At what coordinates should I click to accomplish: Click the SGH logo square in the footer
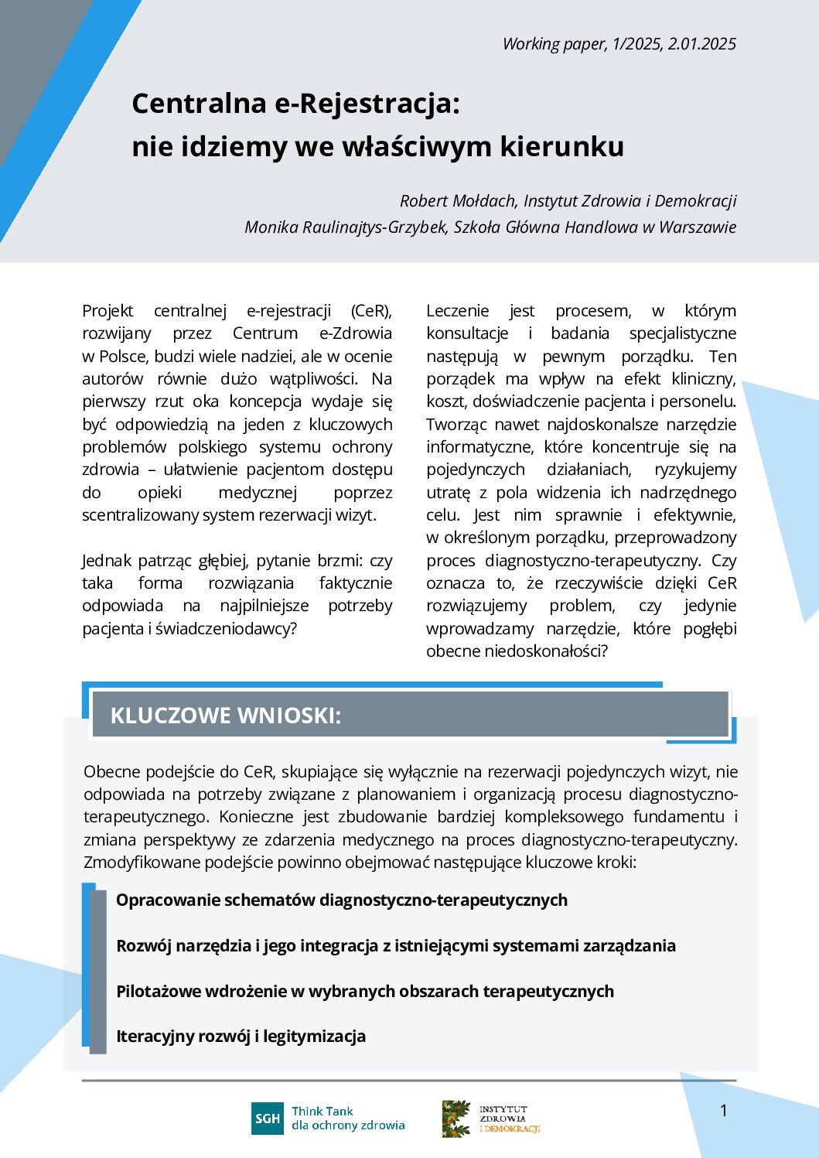pyautogui.click(x=268, y=1119)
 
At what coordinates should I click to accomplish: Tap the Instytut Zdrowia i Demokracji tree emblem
pyautogui.click(x=456, y=1119)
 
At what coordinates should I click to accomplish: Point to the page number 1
pyautogui.click(x=724, y=1111)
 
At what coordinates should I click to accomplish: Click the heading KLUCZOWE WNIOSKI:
pyautogui.click(x=225, y=716)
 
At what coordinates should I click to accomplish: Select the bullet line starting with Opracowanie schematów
pyautogui.click(x=341, y=900)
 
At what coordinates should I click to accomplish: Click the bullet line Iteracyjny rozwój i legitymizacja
pyautogui.click(x=241, y=1036)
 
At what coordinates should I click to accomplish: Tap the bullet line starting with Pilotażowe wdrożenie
pyautogui.click(x=364, y=991)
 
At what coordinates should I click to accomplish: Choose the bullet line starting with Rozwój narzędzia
pyautogui.click(x=395, y=945)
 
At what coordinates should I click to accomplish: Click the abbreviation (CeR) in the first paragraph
pyautogui.click(x=371, y=311)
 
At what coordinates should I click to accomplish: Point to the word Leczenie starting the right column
pyautogui.click(x=457, y=311)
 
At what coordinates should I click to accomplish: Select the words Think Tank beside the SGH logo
pyautogui.click(x=322, y=1111)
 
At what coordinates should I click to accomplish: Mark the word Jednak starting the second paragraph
pyautogui.click(x=107, y=560)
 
